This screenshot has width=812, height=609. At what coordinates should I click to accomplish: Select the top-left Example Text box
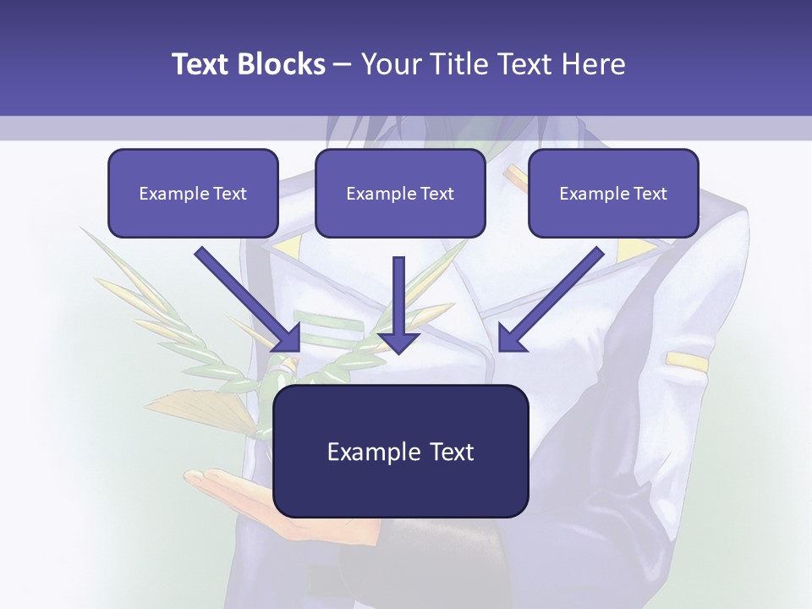point(193,194)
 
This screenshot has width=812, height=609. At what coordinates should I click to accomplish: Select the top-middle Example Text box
point(400,194)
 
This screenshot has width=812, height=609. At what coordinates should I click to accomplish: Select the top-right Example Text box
point(613,194)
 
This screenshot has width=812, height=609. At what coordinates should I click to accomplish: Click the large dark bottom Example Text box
point(401,451)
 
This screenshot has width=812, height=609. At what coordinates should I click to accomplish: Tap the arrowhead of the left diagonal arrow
point(288,338)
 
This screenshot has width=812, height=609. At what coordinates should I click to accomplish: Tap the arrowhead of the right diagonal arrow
point(510,338)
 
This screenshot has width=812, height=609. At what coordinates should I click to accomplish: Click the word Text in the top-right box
point(650,194)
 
